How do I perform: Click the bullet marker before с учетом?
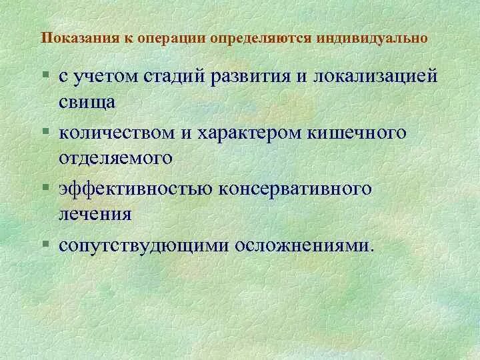click(x=45, y=76)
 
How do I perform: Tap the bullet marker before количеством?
click(x=45, y=132)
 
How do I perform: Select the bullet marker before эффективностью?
click(x=45, y=189)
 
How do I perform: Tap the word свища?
click(x=87, y=102)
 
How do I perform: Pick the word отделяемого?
click(x=115, y=159)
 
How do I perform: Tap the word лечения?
click(x=94, y=215)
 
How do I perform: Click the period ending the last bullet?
click(x=372, y=250)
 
